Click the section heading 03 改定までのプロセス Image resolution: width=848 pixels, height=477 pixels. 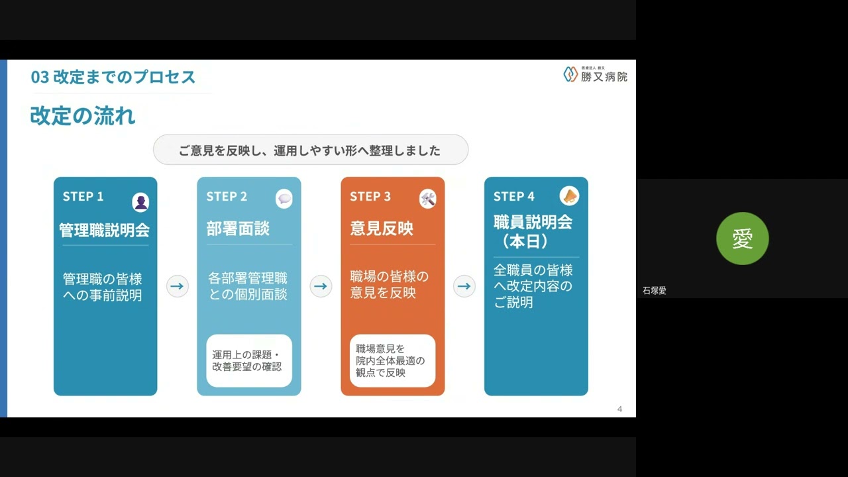pos(113,77)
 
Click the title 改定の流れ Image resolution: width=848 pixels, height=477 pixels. pos(83,116)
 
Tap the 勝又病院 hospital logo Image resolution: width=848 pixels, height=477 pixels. pos(595,75)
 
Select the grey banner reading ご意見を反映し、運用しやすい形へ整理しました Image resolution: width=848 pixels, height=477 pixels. pos(310,150)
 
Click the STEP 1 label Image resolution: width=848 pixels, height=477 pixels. pos(83,196)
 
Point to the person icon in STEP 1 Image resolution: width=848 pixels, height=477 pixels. pos(140,201)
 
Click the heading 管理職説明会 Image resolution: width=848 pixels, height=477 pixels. pos(105,230)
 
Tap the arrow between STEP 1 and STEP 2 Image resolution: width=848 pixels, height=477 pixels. pos(177,286)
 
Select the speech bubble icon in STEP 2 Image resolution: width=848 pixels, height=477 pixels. pos(284,199)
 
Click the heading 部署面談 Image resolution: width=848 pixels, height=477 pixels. pos(238,229)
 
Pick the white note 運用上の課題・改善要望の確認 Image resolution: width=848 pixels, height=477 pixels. pos(249,360)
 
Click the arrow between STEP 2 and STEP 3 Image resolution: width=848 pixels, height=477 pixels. pos(321,286)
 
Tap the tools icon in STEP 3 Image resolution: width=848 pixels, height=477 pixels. pos(427,199)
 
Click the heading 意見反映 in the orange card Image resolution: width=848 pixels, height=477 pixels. pos(382,229)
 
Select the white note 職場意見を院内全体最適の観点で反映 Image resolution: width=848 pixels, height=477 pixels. pos(392,360)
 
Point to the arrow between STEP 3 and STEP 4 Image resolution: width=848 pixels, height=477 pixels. pos(464,286)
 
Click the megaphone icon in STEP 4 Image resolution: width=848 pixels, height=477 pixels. pos(569,196)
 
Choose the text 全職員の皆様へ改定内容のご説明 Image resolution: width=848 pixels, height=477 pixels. pos(533,286)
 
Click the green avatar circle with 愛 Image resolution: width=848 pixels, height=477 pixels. pos(742,238)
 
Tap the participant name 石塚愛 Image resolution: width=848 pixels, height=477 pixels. pos(655,290)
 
